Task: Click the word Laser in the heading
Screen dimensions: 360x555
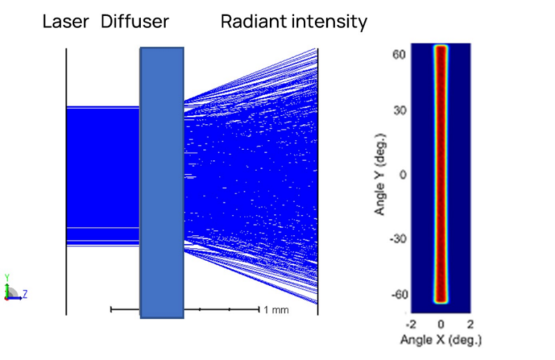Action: click(x=66, y=22)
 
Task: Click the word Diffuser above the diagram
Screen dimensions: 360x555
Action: click(x=135, y=22)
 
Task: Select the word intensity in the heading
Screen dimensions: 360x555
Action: click(x=328, y=22)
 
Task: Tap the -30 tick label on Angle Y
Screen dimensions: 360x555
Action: click(x=395, y=238)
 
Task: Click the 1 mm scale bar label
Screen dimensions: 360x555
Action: click(x=276, y=309)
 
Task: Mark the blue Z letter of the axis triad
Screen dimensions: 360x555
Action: click(x=25, y=294)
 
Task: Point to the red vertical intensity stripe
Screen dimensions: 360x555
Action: click(x=441, y=173)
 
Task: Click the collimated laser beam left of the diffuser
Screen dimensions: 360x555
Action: click(x=103, y=173)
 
